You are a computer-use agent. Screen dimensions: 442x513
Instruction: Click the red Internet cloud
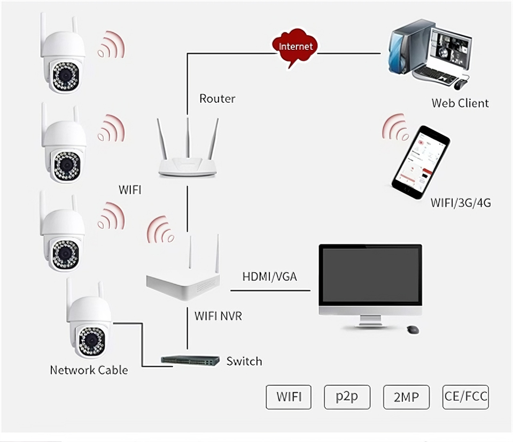[x=295, y=48]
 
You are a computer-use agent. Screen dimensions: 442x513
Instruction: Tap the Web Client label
[x=460, y=103]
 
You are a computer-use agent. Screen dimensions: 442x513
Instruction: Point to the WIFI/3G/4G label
[x=461, y=203]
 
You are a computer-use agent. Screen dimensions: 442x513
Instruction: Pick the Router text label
[x=217, y=98]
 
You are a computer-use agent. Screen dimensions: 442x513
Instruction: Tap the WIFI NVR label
[x=218, y=316]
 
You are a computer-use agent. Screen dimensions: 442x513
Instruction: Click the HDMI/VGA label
[x=269, y=277]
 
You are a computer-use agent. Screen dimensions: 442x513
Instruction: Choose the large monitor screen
[x=370, y=274]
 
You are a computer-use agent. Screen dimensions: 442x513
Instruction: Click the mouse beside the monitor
[x=413, y=330]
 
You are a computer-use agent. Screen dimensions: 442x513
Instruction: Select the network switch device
[x=191, y=360]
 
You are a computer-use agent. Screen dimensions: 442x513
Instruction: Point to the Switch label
[x=244, y=361]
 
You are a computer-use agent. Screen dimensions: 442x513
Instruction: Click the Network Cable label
[x=89, y=370]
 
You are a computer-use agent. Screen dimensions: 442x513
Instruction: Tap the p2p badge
[x=346, y=397]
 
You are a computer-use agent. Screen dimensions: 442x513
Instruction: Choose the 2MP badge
[x=406, y=397]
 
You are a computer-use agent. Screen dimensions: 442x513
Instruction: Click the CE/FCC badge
[x=465, y=397]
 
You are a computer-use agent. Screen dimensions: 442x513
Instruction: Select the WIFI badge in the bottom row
[x=289, y=397]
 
